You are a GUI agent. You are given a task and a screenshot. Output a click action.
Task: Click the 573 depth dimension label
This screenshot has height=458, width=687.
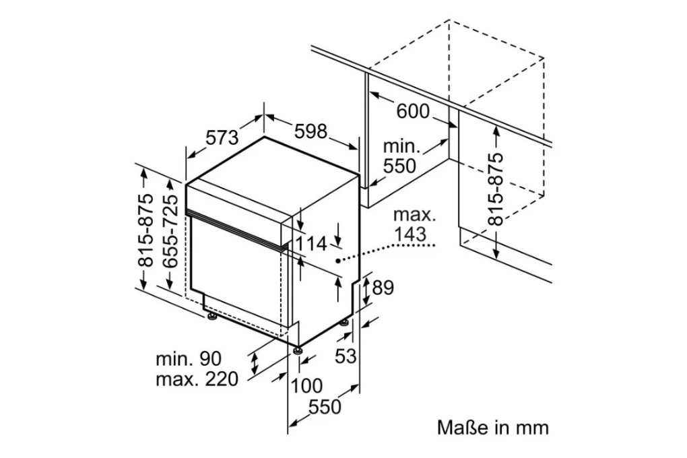pyautogui.click(x=222, y=138)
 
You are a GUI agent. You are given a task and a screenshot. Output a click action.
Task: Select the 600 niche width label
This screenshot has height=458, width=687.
pyautogui.click(x=412, y=112)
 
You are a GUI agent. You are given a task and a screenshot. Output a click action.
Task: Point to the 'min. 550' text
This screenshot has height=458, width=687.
pyautogui.click(x=400, y=156)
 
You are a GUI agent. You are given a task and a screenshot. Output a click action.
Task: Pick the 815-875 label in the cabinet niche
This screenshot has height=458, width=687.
pyautogui.click(x=496, y=189)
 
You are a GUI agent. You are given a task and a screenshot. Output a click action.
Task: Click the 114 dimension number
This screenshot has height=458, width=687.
pyautogui.click(x=312, y=244)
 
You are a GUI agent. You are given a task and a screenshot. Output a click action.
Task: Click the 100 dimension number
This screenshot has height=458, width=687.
pyautogui.click(x=306, y=386)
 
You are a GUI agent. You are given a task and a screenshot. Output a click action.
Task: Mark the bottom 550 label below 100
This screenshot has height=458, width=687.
pyautogui.click(x=325, y=407)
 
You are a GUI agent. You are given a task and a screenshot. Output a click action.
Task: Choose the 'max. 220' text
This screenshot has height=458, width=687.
pyautogui.click(x=197, y=379)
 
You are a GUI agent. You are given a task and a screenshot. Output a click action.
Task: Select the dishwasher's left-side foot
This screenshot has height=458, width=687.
pyautogui.click(x=211, y=316)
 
